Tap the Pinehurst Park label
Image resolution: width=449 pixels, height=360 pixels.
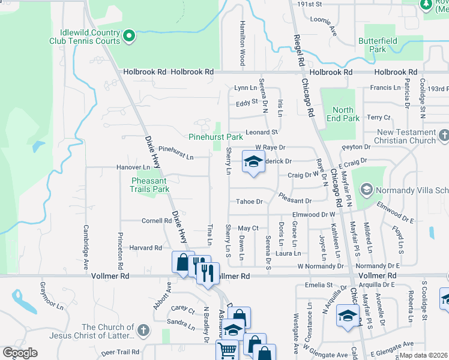pos(215,137)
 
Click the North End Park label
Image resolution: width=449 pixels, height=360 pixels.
pos(343,114)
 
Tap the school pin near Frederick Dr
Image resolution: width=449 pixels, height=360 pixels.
pos(253,161)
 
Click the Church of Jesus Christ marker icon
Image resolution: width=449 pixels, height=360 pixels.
pos(143,330)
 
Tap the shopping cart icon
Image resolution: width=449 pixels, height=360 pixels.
pos(228,350)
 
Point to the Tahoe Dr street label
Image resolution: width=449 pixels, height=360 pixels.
pos(250,202)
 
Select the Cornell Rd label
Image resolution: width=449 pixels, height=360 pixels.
pos(157,220)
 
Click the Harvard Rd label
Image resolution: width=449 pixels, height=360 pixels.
pos(145,247)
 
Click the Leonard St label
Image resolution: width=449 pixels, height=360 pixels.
pos(262,131)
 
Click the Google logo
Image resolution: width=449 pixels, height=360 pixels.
pos(20,353)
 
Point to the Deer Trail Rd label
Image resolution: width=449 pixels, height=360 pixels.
pos(119,352)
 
